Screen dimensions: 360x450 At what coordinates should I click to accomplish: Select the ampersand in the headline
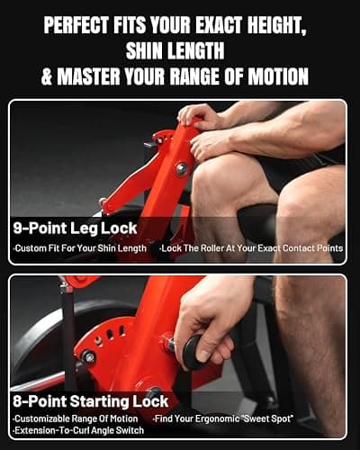pyautogui.click(x=47, y=76)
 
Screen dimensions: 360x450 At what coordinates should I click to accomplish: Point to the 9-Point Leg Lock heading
pyautogui.click(x=75, y=229)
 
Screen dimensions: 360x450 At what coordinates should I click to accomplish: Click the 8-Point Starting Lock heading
pyautogui.click(x=90, y=401)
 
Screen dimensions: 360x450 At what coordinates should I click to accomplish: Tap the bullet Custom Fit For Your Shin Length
pyautogui.click(x=80, y=248)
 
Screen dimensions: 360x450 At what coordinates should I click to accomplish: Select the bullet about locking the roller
pyautogui.click(x=251, y=248)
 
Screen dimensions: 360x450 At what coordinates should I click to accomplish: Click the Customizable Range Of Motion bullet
pyautogui.click(x=76, y=418)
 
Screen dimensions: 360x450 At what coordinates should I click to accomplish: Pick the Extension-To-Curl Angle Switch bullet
pyautogui.click(x=78, y=430)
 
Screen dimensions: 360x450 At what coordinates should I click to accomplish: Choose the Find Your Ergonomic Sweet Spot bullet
pyautogui.click(x=223, y=418)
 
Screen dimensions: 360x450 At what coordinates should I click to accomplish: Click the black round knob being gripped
pyautogui.click(x=194, y=351)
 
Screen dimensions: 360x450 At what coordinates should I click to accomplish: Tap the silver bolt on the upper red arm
pyautogui.click(x=182, y=168)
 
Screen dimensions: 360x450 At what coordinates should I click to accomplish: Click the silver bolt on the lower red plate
pyautogui.click(x=89, y=357)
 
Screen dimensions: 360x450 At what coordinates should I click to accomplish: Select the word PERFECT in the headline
pyautogui.click(x=76, y=24)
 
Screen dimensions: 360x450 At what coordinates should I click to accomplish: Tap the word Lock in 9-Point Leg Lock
pyautogui.click(x=119, y=229)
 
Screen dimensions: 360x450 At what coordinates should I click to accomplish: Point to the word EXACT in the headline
pyautogui.click(x=219, y=24)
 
